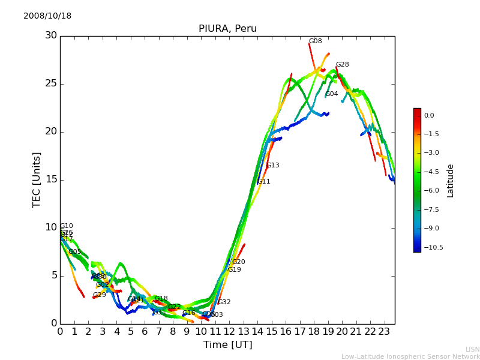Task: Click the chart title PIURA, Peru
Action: coord(227,29)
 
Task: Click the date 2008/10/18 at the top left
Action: coord(47,16)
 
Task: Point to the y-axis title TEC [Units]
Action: coord(37,180)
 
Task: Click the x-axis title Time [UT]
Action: coord(227,345)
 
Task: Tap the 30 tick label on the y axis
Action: coord(51,35)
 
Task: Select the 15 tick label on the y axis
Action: coord(51,179)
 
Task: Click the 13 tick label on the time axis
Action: coord(243,331)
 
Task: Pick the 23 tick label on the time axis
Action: coord(384,331)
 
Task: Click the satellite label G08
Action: coord(315,41)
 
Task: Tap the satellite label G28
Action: coord(342,65)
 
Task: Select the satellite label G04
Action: coord(332,94)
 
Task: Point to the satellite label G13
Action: coord(272,166)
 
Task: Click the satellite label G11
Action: coord(263,182)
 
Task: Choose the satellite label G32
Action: coord(224,302)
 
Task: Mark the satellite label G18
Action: coord(161,299)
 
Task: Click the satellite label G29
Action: coord(99,295)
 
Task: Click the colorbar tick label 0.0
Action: coord(428,116)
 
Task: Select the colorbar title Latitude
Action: coord(451,180)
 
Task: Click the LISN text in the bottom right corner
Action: coord(472,349)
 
